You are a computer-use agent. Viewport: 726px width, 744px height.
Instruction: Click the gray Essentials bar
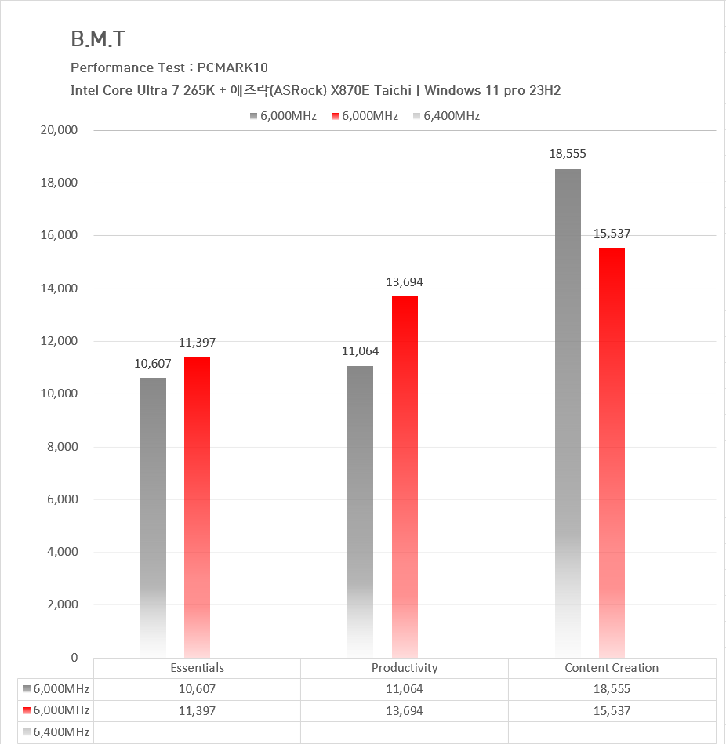click(153, 517)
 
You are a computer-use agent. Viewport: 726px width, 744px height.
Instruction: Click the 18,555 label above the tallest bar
click(568, 154)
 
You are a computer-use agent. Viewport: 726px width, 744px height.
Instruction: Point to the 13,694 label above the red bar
click(405, 282)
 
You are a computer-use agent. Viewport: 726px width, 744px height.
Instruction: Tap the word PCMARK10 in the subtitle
click(233, 68)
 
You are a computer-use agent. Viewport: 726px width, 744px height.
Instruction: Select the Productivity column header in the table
click(405, 668)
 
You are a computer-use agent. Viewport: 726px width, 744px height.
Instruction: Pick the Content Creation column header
click(612, 668)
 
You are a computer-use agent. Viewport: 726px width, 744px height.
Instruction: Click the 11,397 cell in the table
click(197, 710)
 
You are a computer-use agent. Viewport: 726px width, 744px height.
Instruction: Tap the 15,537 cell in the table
click(612, 710)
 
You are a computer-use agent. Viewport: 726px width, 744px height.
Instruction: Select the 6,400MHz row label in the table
click(61, 732)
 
